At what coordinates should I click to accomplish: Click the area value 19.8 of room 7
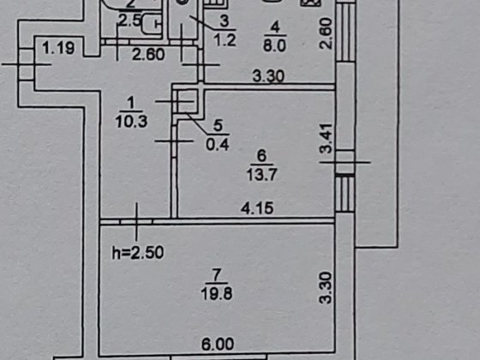(217, 293)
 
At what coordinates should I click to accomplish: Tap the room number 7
(216, 275)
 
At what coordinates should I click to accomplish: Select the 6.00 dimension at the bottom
(218, 344)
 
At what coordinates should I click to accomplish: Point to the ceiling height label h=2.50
(137, 253)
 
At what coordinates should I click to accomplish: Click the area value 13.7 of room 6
(261, 175)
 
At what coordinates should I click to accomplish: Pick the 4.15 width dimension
(257, 208)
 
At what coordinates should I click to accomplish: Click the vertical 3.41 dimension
(326, 138)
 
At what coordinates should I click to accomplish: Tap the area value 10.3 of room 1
(131, 122)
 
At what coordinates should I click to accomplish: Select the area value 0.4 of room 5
(218, 145)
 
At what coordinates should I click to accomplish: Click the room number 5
(218, 125)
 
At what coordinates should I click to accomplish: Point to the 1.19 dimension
(58, 48)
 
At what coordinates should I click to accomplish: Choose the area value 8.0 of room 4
(274, 46)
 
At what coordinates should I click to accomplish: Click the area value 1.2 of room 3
(225, 40)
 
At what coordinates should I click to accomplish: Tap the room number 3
(225, 21)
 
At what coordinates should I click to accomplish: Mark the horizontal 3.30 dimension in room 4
(268, 76)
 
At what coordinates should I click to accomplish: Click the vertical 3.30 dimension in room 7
(326, 288)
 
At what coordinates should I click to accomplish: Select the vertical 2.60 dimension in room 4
(326, 33)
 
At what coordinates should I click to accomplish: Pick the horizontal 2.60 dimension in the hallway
(148, 55)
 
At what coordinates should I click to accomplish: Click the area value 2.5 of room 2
(129, 21)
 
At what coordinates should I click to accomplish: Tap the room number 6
(261, 156)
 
